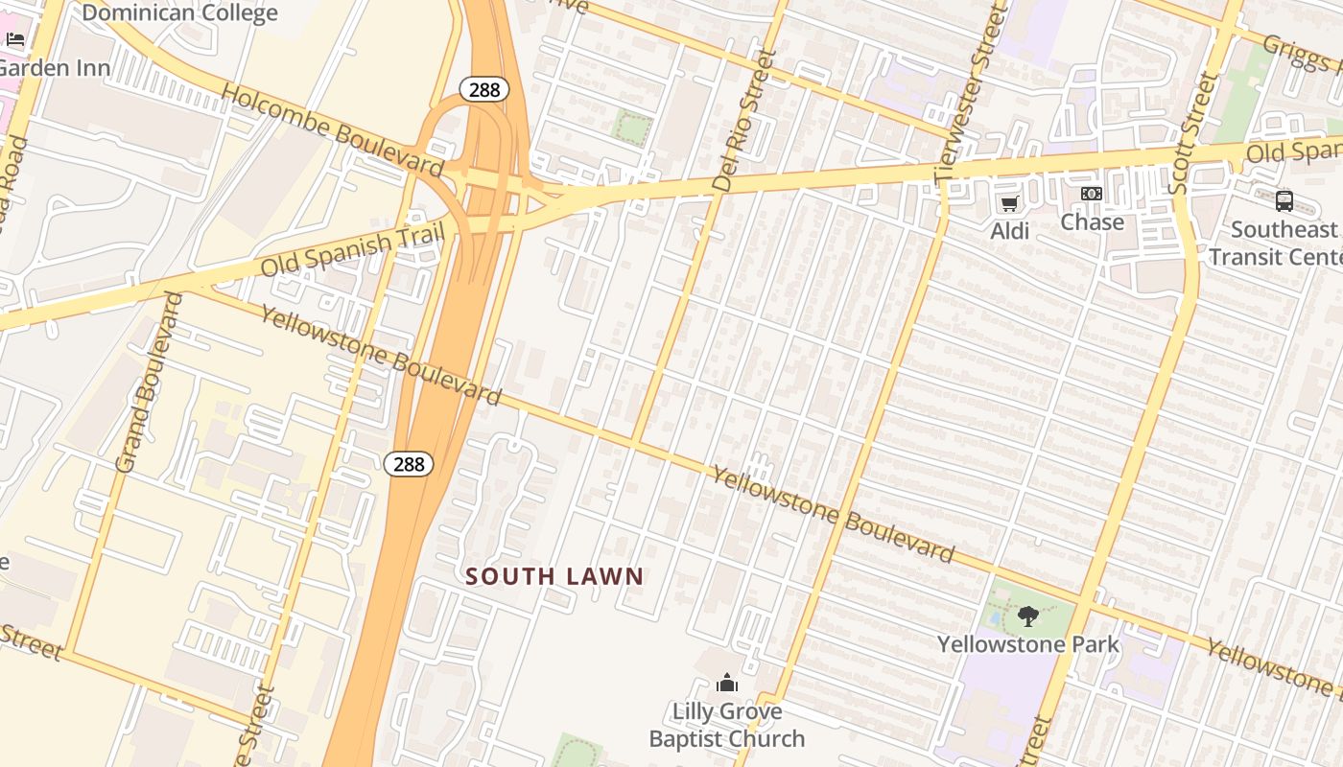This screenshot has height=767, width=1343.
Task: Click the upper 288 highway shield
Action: tap(483, 90)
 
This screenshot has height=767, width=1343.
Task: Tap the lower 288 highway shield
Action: tap(409, 464)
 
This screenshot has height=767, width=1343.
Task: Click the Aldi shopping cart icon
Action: tap(1009, 202)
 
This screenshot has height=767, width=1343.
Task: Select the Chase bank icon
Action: tap(1092, 195)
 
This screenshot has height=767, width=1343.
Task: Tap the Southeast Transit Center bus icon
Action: tap(1284, 201)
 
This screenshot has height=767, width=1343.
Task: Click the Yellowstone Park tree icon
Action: tap(1028, 616)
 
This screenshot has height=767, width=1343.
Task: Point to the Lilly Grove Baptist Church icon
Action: tap(727, 683)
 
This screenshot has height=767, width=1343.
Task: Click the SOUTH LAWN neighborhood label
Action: tap(554, 576)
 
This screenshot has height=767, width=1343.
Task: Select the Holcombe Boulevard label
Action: tap(332, 129)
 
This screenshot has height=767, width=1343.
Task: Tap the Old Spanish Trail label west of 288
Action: tap(353, 250)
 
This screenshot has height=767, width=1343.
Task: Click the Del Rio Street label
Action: tap(742, 120)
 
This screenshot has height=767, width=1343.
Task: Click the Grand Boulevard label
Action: tap(149, 382)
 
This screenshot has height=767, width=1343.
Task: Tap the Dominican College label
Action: tap(179, 12)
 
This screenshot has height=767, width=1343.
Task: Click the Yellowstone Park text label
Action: tap(1028, 644)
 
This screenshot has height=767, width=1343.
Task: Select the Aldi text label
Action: tap(1009, 231)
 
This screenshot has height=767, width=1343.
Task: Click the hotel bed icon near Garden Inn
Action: tap(15, 39)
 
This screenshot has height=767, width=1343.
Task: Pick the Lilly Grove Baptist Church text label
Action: tap(727, 725)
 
